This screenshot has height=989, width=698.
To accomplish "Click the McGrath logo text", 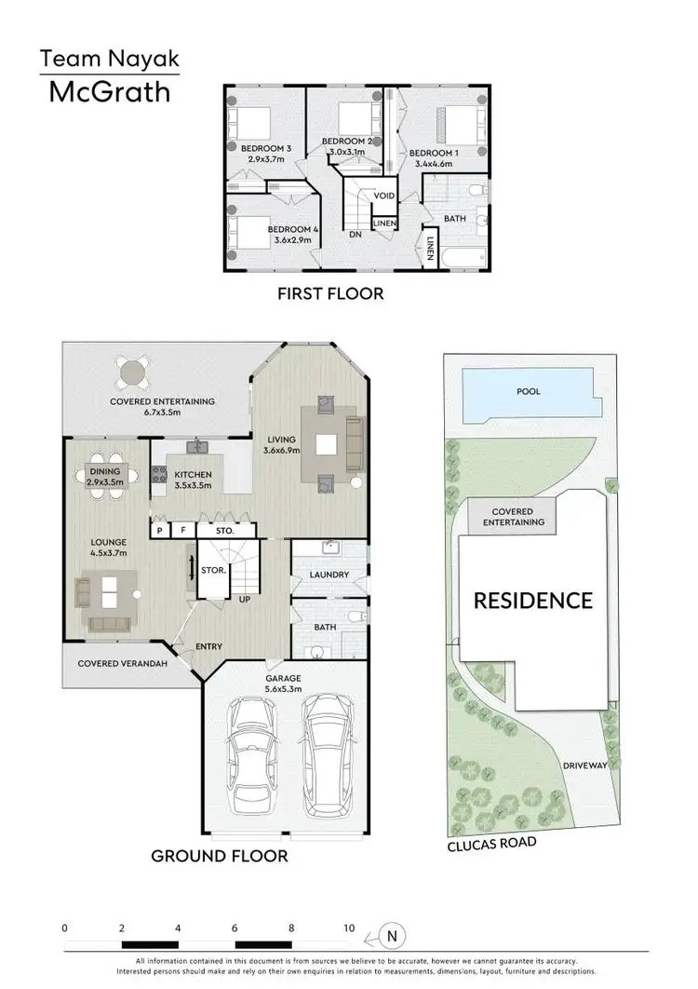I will point(109,93).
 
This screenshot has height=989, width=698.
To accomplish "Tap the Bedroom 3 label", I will point(266,148).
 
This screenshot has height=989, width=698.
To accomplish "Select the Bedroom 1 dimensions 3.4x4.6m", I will point(433,164).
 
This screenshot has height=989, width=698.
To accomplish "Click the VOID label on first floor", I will point(384,196).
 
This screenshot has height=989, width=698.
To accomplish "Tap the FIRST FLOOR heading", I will point(330,294).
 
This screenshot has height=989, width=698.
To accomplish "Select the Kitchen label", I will point(194,475).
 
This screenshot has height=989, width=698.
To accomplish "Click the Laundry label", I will point(329,576).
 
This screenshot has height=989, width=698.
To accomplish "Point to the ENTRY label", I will point(208,645).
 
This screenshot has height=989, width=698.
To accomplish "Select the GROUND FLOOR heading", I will point(221,855).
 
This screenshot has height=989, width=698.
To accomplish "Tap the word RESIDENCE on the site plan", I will point(533,601).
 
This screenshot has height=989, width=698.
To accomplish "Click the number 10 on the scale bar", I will point(350,928).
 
